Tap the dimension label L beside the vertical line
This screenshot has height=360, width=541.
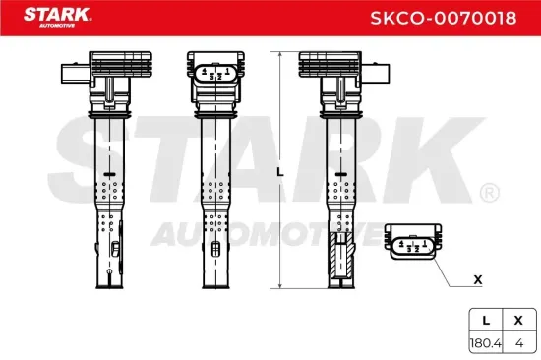(279, 171)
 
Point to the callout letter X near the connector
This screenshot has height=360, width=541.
(478, 279)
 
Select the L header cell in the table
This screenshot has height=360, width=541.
(485, 321)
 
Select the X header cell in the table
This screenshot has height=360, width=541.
(517, 321)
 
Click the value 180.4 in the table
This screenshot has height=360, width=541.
(485, 343)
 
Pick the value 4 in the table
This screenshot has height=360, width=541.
(517, 343)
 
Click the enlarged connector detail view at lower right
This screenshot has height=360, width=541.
(416, 244)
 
